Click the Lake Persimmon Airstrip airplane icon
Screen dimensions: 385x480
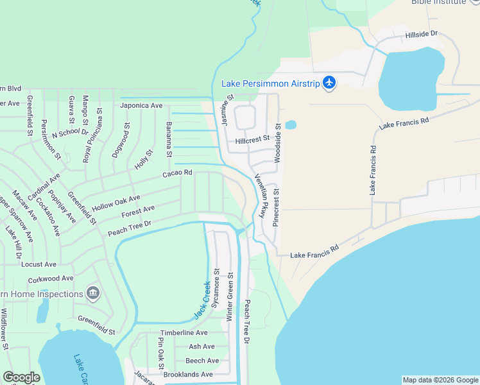click(329, 83)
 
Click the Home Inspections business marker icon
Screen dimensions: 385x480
click(94, 293)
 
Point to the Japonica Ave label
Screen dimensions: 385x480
click(141, 105)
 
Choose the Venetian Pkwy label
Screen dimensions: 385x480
click(261, 196)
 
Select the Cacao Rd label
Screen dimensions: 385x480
click(178, 173)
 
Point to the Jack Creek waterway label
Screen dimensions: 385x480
click(203, 300)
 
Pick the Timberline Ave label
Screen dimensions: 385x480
click(184, 333)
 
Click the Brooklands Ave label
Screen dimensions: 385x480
click(188, 374)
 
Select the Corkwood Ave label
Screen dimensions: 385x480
click(51, 279)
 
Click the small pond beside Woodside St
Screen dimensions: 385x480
click(291, 124)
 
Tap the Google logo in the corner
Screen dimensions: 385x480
click(21, 377)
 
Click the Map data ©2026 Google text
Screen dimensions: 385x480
click(440, 380)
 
